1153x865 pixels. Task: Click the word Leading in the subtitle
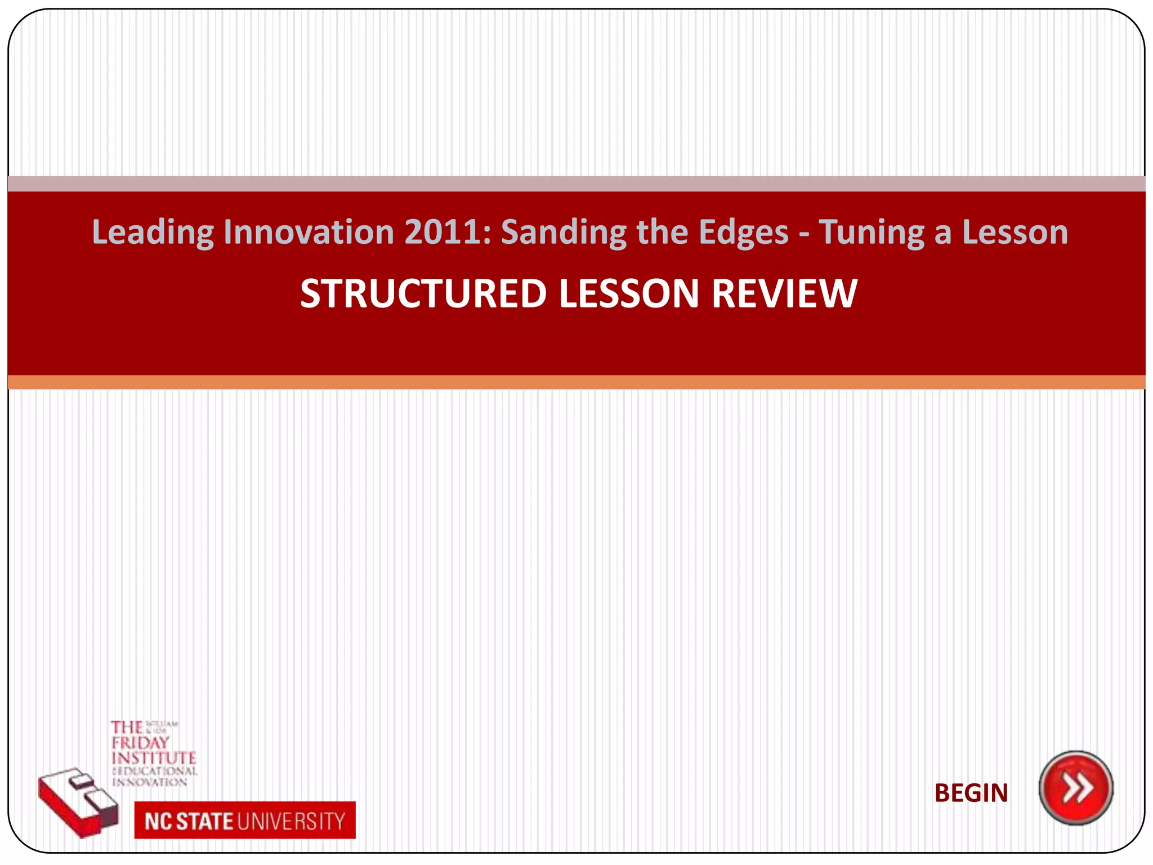[153, 232]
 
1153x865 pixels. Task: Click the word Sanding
[564, 232]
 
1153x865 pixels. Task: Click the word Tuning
[872, 232]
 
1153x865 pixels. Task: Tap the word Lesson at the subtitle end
[1015, 232]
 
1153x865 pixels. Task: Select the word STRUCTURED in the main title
[423, 294]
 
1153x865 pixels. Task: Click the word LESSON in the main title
[629, 294]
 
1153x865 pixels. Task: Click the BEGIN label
[971, 793]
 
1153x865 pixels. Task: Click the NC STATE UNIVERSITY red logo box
[245, 821]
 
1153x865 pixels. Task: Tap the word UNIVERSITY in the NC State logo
[291, 821]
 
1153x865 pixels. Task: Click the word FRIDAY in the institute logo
[140, 743]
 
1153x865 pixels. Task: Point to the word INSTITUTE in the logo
[154, 758]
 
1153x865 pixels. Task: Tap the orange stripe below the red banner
[576, 382]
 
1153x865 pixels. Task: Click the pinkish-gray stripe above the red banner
[576, 184]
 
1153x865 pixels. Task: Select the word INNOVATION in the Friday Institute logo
[150, 782]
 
